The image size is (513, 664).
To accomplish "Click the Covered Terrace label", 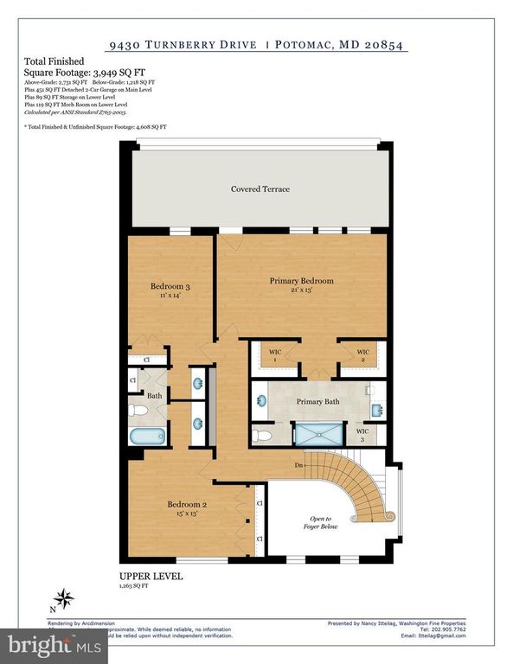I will [260, 189].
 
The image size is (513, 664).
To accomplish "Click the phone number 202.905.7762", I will [446, 629].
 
